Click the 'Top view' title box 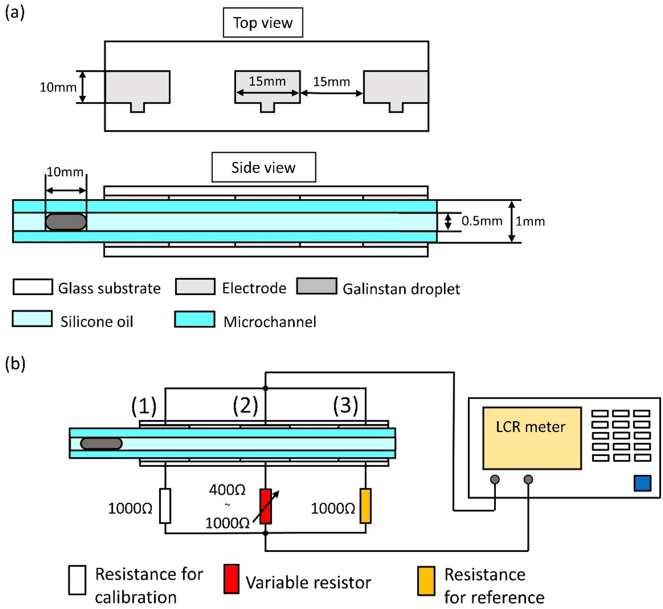[x=263, y=23]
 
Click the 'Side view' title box [x=264, y=167]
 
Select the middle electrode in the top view [x=267, y=87]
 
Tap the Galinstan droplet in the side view [x=66, y=222]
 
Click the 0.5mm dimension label [x=482, y=221]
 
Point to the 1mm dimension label [x=530, y=221]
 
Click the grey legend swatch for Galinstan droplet [x=316, y=286]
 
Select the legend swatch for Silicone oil [x=32, y=319]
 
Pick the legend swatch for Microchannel [x=195, y=319]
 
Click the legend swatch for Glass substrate [x=33, y=287]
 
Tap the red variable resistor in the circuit [x=265, y=506]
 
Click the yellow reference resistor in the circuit [x=365, y=506]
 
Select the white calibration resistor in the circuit [x=165, y=506]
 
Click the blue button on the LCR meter [x=642, y=483]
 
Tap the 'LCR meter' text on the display [x=530, y=427]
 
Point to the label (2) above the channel [x=245, y=406]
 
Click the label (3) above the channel [x=345, y=406]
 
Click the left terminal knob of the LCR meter [x=495, y=479]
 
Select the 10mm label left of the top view [x=58, y=87]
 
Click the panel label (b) [x=15, y=364]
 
